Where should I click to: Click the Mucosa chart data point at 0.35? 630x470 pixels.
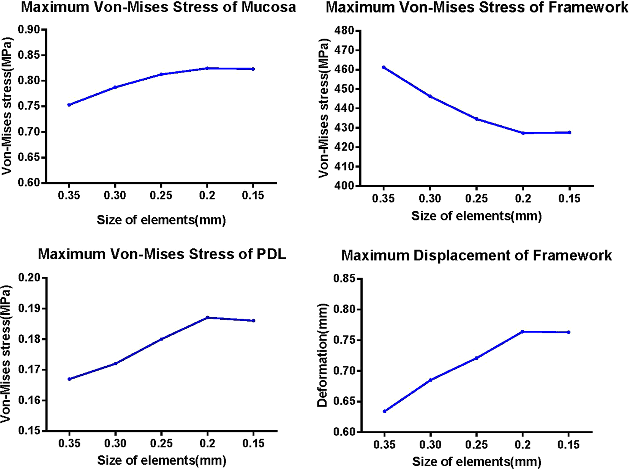69,105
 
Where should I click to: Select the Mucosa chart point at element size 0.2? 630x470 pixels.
207,68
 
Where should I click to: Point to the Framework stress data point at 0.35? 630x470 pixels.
383,67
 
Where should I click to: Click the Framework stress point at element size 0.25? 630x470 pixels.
476,119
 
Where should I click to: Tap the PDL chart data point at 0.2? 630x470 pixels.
207,317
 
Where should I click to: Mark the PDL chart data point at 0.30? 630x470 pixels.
115,363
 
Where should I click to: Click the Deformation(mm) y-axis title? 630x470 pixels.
323,355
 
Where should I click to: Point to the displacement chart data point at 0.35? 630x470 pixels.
384,411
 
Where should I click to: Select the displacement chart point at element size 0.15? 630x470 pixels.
569,332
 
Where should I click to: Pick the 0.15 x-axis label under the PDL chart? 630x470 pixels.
254,444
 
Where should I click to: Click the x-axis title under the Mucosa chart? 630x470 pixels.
161,220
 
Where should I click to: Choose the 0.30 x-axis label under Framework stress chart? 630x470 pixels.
430,199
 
